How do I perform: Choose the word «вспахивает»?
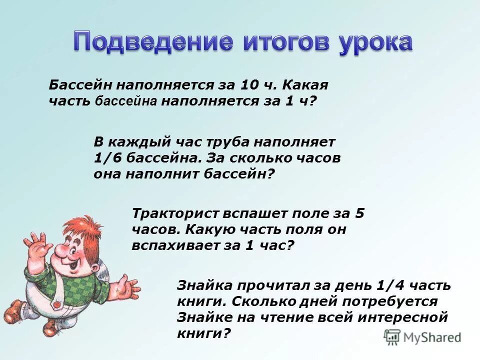point(173,246)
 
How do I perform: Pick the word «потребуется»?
point(390,301)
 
